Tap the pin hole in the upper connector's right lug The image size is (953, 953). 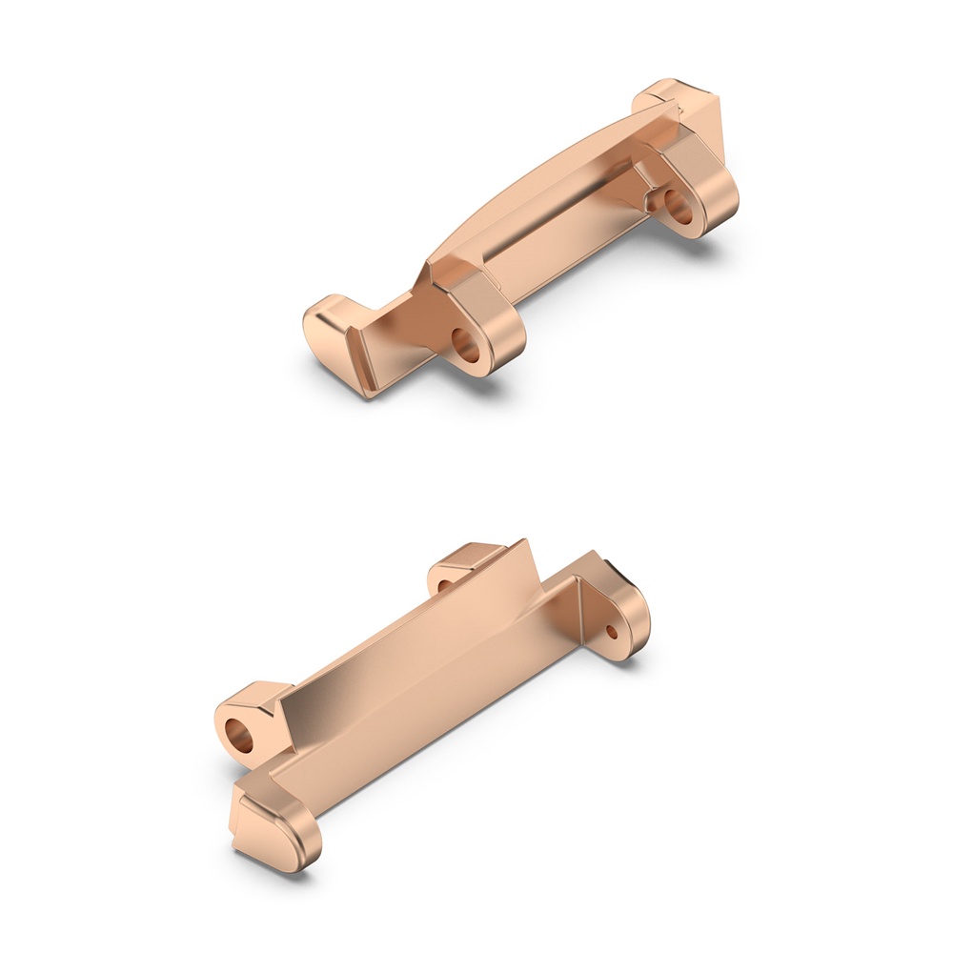[x=679, y=206]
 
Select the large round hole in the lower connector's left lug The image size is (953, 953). [x=239, y=735]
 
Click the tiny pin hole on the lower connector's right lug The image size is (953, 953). [x=612, y=630]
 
